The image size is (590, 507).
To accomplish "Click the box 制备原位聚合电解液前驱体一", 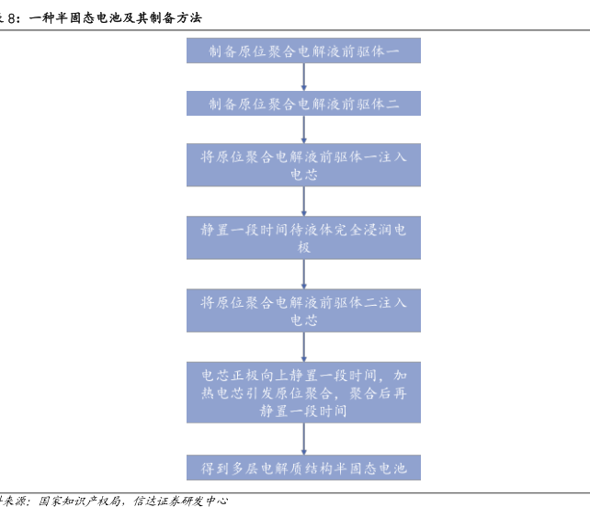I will pos(303,51).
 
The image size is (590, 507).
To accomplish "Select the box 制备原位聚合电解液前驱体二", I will pos(303,103).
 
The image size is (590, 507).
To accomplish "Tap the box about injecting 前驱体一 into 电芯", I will pos(303,165).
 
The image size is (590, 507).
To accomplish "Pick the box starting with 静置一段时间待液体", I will pos(303,238).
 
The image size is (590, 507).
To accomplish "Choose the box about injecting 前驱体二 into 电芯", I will pos(303,310).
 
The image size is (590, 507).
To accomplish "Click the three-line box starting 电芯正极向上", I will pos(303,393).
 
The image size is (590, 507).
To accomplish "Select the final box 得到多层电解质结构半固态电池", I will pos(303,468).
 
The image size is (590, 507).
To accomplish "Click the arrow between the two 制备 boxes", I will pos(303,77).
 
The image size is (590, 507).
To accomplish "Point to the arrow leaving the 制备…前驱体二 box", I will pos(303,129).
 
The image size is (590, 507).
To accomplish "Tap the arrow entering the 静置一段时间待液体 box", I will pos(303,201).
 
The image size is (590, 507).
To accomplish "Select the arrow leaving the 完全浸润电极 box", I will pos(303,274).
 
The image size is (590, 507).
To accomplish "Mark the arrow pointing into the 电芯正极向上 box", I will pos(303,346).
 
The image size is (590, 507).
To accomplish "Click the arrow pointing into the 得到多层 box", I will pos(303,439).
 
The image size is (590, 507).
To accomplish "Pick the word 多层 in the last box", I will pos(244,468).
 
